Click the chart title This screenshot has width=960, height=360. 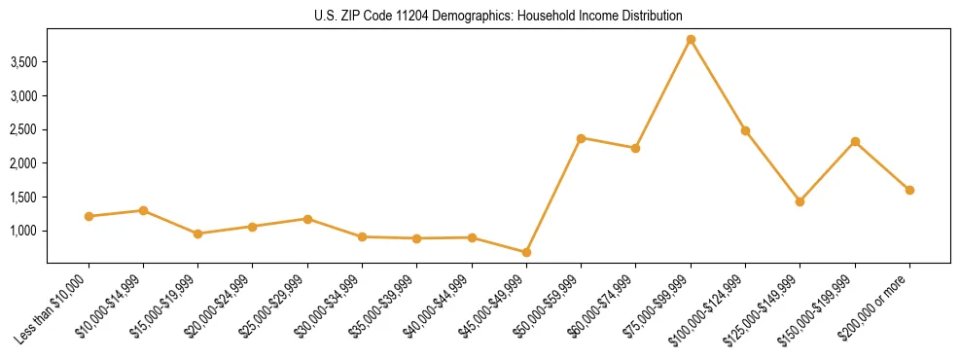click(497, 16)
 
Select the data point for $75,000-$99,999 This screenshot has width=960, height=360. click(691, 40)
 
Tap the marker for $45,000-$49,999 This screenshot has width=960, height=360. click(526, 252)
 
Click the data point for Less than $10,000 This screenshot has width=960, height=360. click(89, 216)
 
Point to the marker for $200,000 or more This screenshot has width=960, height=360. click(909, 190)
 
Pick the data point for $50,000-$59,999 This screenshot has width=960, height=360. click(581, 138)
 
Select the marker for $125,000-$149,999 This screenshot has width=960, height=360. click(800, 201)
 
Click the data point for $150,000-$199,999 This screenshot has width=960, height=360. click(855, 141)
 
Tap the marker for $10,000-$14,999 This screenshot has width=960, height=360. click(143, 210)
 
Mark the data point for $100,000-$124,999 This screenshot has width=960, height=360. click(745, 130)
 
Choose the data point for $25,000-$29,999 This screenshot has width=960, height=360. click(307, 219)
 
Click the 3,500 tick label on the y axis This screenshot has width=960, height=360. click(23, 62)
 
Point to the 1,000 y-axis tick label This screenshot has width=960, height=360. click(23, 231)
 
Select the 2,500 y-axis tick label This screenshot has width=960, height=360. click(23, 129)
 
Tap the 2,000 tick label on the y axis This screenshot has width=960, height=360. click(23, 163)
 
